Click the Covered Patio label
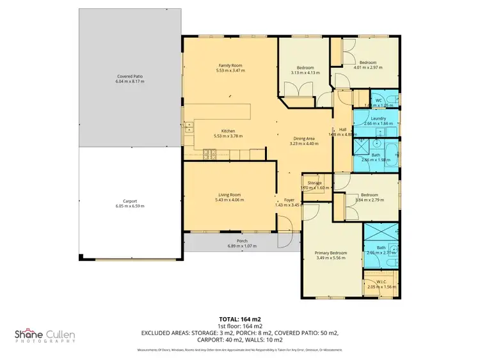coord(129,76)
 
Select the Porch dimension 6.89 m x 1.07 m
coord(238,246)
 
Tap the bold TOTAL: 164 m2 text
coord(240,318)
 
